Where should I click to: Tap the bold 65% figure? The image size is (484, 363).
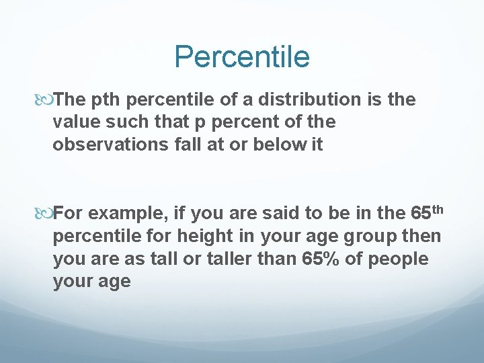tap(325, 259)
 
